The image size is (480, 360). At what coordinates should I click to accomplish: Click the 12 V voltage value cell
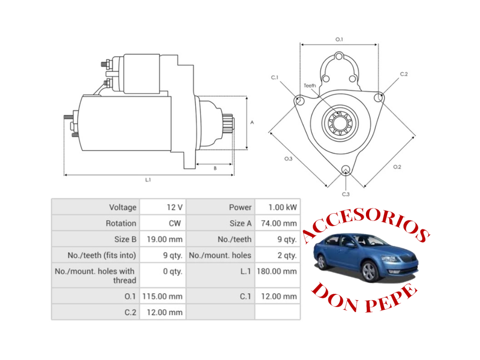tap(174, 207)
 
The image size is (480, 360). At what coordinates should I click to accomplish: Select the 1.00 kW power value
tap(282, 207)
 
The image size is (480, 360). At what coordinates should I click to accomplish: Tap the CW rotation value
tap(174, 223)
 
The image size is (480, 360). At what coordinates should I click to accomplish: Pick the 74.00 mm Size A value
tap(279, 223)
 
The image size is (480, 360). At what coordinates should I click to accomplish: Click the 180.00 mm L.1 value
tap(277, 271)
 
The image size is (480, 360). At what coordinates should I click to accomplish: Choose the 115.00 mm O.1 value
tap(162, 296)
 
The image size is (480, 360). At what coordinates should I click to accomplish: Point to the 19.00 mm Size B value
tap(165, 239)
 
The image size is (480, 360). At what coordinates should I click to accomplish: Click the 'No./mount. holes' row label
tap(220, 255)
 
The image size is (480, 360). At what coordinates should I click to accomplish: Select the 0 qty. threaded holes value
tap(172, 271)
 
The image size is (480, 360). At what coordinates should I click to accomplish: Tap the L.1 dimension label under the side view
tap(148, 180)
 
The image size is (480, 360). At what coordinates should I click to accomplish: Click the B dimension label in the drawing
tap(215, 168)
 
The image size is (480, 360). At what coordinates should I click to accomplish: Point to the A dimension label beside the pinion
tap(252, 122)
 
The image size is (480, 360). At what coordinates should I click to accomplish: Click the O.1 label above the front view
tap(339, 39)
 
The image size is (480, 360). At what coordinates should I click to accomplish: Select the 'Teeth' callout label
tap(310, 85)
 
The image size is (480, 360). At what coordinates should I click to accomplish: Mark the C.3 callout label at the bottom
tap(346, 194)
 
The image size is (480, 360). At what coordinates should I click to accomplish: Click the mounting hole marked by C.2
tap(378, 98)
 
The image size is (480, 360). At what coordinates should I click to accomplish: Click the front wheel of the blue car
tap(369, 272)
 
